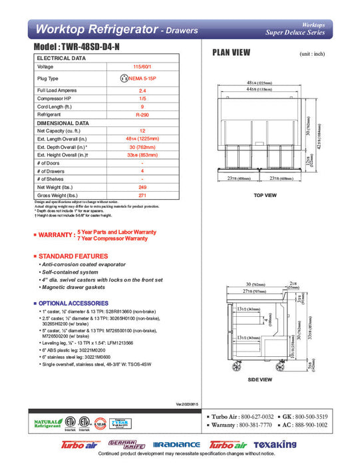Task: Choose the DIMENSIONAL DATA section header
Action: pyautogui.click(x=63, y=123)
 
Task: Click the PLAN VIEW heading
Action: pyautogui.click(x=231, y=53)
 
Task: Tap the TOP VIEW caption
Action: pyautogui.click(x=265, y=195)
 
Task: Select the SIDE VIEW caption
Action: pyautogui.click(x=260, y=379)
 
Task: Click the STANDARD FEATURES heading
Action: pyautogui.click(x=73, y=256)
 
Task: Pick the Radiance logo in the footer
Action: pyautogui.click(x=176, y=445)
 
